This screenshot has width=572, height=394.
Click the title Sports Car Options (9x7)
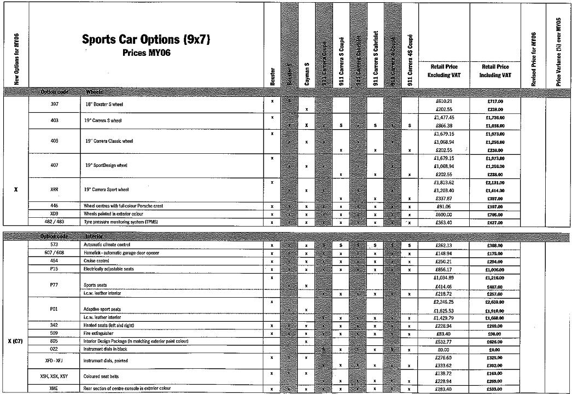pyautogui.click(x=146, y=39)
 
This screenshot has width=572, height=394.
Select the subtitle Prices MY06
pyautogui.click(x=146, y=53)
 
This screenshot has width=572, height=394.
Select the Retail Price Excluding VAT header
pyautogui.click(x=443, y=70)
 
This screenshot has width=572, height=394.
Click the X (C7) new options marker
pyautogui.click(x=15, y=341)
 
